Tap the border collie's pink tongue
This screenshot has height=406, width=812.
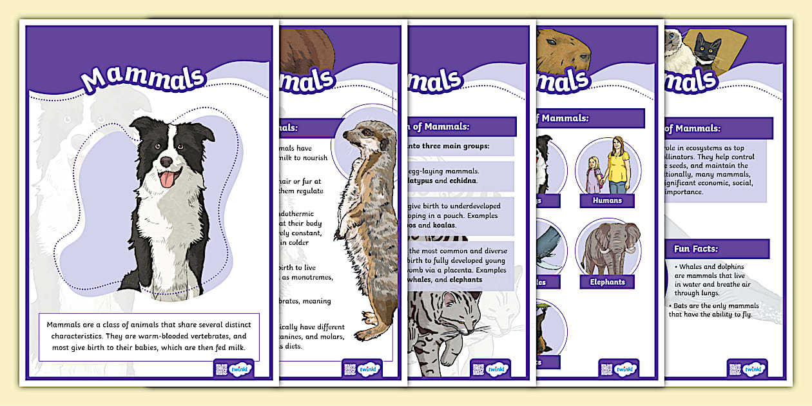[x=166, y=179]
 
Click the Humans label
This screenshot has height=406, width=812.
[x=607, y=200]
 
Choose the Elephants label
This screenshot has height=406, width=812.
[x=607, y=282]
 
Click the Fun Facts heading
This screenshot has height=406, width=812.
[x=695, y=249]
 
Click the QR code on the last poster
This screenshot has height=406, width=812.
[x=735, y=369]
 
